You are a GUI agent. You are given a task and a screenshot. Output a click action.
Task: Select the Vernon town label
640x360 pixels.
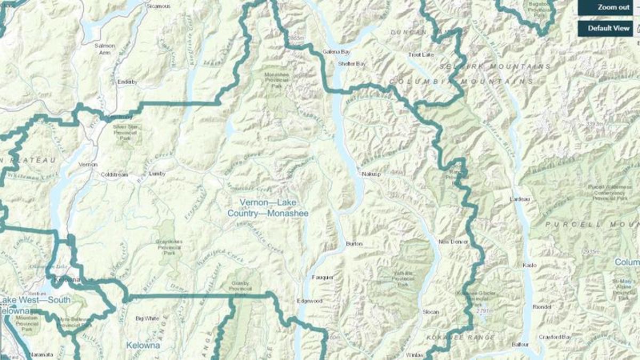pyautogui.click(x=87, y=165)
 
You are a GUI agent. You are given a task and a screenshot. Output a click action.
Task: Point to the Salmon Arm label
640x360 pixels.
pyautogui.click(x=105, y=49)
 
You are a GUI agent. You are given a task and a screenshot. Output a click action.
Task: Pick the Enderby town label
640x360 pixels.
pyautogui.click(x=127, y=82)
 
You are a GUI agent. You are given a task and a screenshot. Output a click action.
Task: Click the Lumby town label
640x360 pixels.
pyautogui.click(x=157, y=174)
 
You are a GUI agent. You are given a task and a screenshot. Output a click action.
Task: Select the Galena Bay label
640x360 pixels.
pyautogui.click(x=336, y=52)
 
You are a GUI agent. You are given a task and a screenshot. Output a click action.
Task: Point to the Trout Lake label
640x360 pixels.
pyautogui.click(x=421, y=54)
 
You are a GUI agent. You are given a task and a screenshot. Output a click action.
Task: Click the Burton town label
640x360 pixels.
pyautogui.click(x=354, y=244)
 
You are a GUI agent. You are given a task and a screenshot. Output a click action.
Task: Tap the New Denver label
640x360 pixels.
pyautogui.click(x=453, y=242)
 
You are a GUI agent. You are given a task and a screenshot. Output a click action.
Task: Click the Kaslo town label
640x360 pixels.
pyautogui.click(x=531, y=265)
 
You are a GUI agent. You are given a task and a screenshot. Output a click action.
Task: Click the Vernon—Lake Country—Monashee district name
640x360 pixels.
pyautogui.click(x=268, y=208)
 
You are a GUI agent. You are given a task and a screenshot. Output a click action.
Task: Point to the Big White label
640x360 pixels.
pyautogui.click(x=147, y=318)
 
